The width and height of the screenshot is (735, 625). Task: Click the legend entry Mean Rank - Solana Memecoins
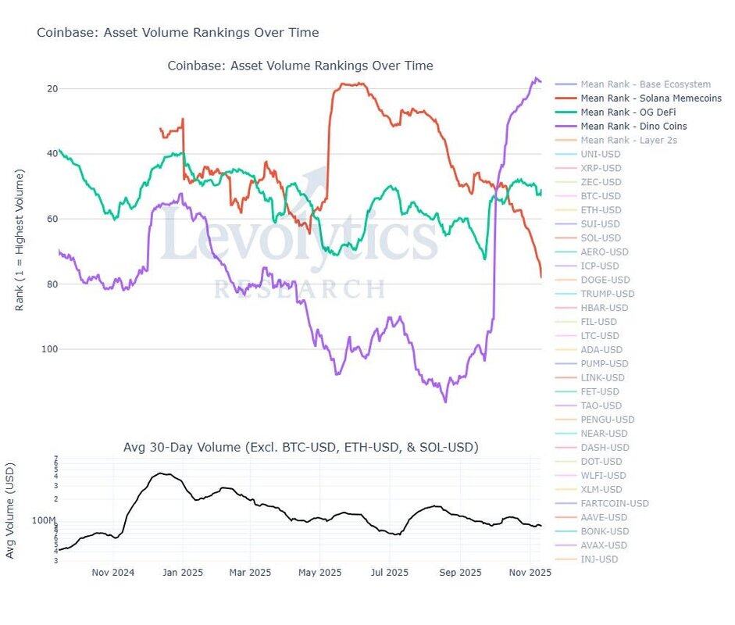click(651, 98)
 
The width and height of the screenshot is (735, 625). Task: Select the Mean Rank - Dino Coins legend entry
click(633, 127)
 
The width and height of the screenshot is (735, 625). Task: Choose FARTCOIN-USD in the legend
click(615, 504)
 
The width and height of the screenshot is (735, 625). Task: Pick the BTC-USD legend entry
click(601, 196)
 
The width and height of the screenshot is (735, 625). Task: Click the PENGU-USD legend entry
click(608, 420)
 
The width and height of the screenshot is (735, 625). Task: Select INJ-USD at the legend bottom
click(599, 559)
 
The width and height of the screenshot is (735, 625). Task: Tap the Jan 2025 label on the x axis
click(182, 573)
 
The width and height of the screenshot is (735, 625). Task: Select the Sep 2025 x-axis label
click(460, 573)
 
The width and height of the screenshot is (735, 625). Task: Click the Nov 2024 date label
click(112, 573)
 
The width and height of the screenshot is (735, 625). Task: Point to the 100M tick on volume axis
click(43, 521)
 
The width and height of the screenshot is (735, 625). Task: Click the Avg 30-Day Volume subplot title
click(301, 448)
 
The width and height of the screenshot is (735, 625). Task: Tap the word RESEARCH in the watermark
click(300, 289)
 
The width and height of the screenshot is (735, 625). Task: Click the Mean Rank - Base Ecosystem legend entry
click(645, 84)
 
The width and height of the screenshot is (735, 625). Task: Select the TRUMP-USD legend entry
click(608, 294)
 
